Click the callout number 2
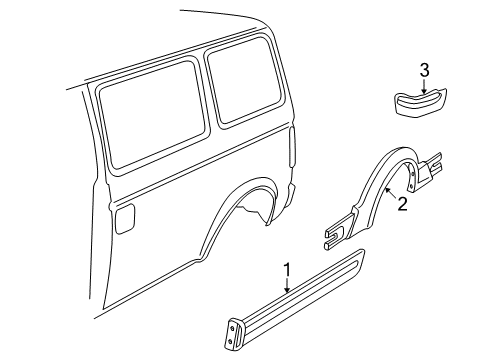click(x=403, y=204)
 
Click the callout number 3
click(x=424, y=69)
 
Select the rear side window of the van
click(x=249, y=85)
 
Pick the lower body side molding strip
click(x=300, y=311)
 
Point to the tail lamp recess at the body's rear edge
click(x=292, y=151)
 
